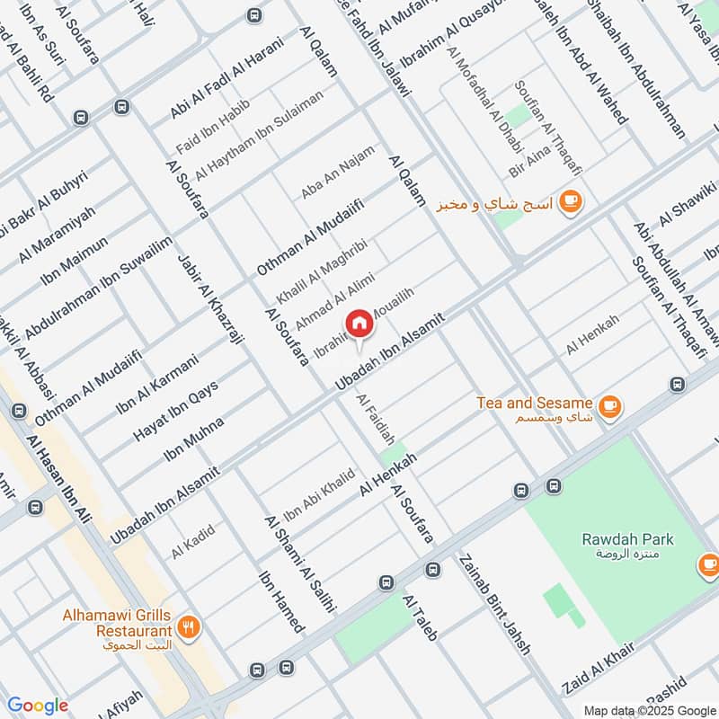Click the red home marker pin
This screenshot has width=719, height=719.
[359, 324]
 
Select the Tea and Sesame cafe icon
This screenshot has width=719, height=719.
[610, 406]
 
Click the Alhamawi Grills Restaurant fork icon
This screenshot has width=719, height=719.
[188, 628]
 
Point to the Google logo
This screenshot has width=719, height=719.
[37, 706]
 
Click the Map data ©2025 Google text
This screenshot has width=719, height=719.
[649, 710]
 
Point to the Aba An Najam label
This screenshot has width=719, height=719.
[337, 172]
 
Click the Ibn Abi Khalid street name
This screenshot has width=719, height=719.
[319, 494]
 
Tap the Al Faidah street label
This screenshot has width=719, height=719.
[376, 420]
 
